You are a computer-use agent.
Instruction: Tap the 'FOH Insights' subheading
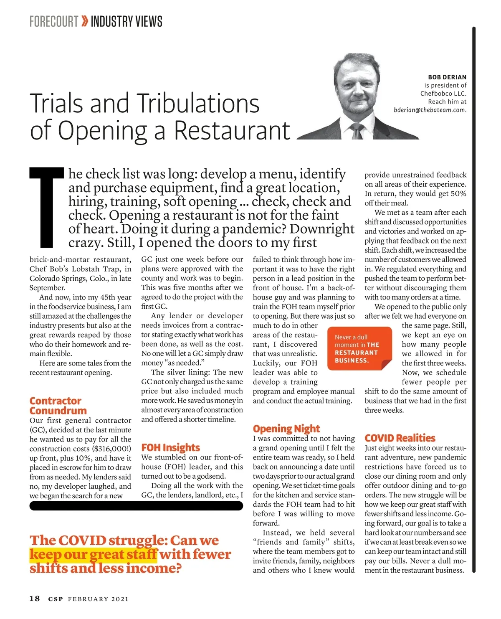point(170,447)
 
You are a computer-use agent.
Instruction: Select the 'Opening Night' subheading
point(286,429)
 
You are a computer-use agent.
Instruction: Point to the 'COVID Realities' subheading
point(400,438)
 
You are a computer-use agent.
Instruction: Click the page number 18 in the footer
point(35,599)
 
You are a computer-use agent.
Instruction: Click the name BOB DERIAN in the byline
point(447,77)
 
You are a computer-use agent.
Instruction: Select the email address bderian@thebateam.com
point(430,110)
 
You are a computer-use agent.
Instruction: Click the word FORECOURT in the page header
point(54,21)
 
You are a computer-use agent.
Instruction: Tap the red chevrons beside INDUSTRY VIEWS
point(85,21)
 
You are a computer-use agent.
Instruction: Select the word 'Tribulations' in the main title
point(197,103)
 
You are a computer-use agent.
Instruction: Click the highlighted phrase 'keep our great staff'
point(93,554)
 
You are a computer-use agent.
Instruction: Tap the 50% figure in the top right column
point(458,193)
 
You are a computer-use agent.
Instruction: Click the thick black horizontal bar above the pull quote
point(136,506)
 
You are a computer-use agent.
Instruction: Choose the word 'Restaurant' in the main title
point(232,130)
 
